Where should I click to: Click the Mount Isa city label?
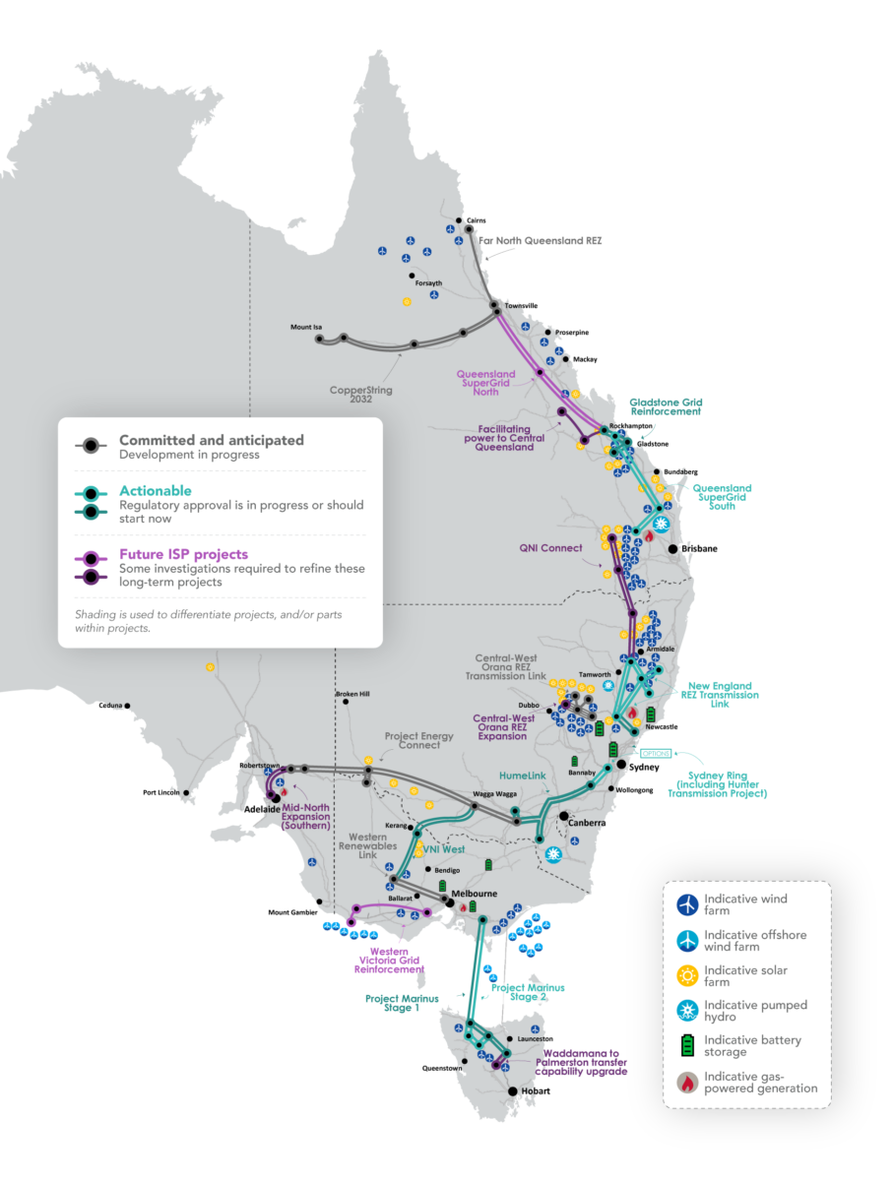click(306, 327)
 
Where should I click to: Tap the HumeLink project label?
click(522, 776)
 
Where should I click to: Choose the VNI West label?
click(444, 848)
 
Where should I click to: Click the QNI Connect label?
click(550, 548)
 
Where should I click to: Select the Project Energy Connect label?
click(419, 740)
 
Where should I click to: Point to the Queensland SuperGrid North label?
click(485, 383)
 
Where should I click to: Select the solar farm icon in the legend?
click(687, 975)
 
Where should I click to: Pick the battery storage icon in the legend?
click(687, 1045)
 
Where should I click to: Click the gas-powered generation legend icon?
click(687, 1082)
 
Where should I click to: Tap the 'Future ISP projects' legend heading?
click(183, 554)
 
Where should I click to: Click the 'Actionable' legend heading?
click(156, 490)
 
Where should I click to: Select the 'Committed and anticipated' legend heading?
click(212, 440)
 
